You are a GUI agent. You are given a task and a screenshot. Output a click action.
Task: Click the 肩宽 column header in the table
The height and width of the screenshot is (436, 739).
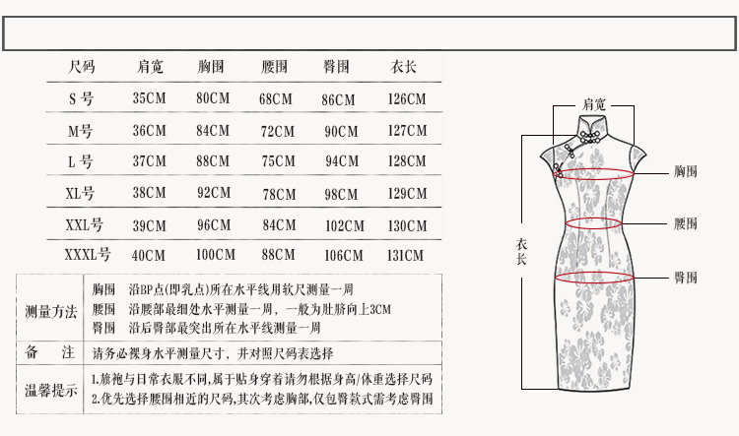[x=150, y=68]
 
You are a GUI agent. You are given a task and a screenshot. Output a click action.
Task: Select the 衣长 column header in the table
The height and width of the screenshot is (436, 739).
[x=404, y=68]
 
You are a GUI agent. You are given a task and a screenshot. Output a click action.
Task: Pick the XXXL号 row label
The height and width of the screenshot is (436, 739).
[x=87, y=255]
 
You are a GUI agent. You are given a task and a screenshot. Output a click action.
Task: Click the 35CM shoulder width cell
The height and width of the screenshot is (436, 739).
[x=150, y=99]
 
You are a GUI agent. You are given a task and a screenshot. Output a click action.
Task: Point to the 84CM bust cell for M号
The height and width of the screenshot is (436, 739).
[x=213, y=131]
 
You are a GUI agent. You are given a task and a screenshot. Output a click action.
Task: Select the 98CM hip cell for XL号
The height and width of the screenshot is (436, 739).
[x=341, y=194]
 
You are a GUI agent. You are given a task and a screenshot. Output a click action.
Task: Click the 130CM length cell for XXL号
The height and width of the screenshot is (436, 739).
[x=407, y=225]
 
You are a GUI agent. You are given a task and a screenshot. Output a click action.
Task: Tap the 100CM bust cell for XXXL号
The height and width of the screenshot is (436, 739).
[x=216, y=255]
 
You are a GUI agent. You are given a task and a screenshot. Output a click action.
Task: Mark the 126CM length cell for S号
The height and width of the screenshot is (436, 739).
[x=407, y=99]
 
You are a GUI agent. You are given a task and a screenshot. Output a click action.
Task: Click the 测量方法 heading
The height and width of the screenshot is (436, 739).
[x=50, y=312]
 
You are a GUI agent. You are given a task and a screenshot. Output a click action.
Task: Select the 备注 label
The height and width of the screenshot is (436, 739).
[x=50, y=352]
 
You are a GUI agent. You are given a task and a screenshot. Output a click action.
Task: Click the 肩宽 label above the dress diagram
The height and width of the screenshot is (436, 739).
[x=594, y=103]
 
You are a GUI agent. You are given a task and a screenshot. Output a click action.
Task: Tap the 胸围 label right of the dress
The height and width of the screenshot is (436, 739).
[x=685, y=172]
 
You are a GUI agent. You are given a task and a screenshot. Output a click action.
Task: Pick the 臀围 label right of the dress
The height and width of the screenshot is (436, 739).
[x=685, y=278]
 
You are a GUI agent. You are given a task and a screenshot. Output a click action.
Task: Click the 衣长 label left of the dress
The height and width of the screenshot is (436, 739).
[x=522, y=252]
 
